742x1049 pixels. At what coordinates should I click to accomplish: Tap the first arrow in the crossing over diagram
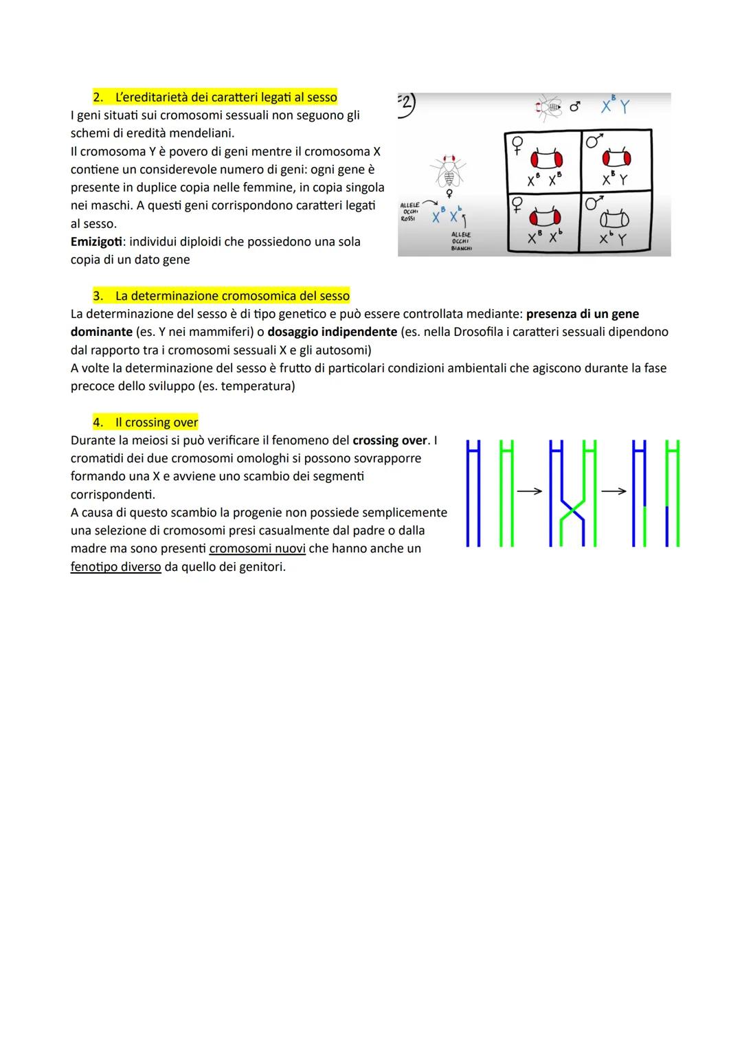(x=529, y=491)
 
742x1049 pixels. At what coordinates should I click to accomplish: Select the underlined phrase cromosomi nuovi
(x=257, y=548)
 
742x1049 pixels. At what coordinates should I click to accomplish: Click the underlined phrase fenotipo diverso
(x=115, y=567)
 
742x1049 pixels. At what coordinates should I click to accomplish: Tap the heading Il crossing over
(x=157, y=422)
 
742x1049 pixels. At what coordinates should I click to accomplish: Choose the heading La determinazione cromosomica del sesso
(x=232, y=296)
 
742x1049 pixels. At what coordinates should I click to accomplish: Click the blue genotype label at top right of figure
(x=615, y=106)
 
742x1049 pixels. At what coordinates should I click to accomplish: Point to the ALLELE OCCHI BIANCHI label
(x=461, y=241)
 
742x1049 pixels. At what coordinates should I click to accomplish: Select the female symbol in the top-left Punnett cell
(x=516, y=146)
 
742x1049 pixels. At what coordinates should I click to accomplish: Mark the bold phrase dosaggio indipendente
(x=332, y=332)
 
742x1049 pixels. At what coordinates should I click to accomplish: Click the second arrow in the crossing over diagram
(x=614, y=491)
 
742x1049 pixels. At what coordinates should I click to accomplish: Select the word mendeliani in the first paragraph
(x=201, y=133)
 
